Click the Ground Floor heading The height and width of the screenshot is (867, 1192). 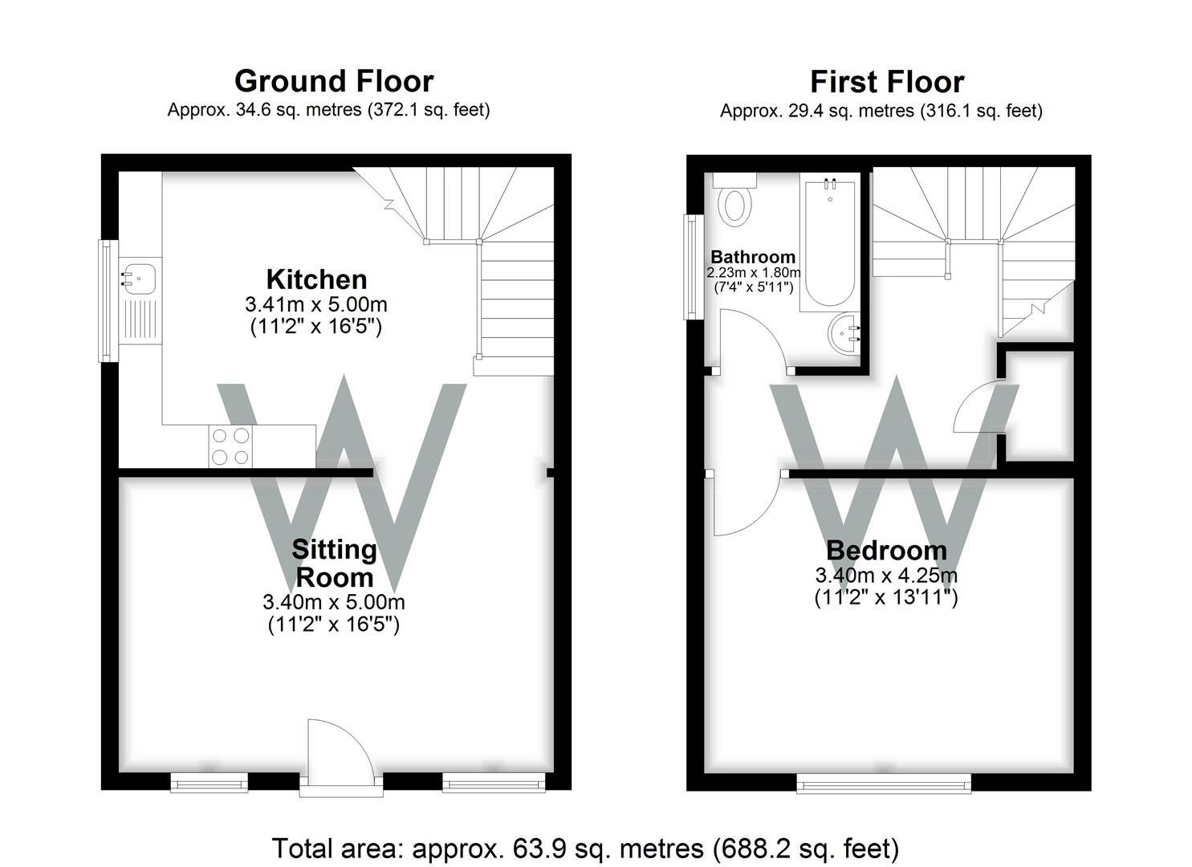[x=334, y=81]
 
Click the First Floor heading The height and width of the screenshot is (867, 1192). [x=886, y=82]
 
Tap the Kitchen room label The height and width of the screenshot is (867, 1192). [x=316, y=279]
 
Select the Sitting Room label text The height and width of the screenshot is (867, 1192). [x=334, y=563]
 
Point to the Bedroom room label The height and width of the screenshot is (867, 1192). [x=886, y=551]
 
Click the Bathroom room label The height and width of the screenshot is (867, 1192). [x=753, y=257]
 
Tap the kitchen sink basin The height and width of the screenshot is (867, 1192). [x=140, y=278]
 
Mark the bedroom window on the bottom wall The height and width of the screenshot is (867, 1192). [x=883, y=783]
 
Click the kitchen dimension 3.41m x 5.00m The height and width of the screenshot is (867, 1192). [x=316, y=305]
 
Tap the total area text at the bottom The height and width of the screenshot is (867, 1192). [x=585, y=848]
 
